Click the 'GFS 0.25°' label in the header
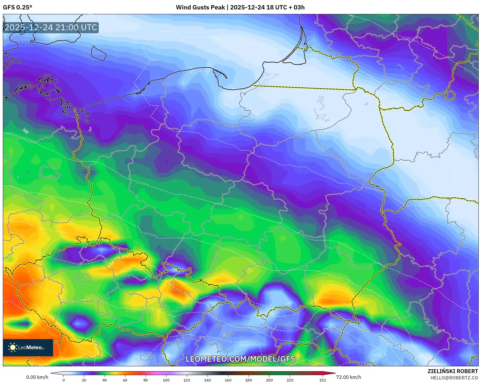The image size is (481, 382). [17, 7]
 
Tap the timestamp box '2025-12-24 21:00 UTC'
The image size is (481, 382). [51, 28]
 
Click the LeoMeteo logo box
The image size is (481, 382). [28, 347]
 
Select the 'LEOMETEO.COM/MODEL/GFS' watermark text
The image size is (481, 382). [240, 359]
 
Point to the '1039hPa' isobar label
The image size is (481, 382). [142, 183]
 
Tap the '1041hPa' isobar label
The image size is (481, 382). [372, 189]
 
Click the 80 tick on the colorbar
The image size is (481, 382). [146, 380]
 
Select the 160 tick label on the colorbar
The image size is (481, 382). [228, 380]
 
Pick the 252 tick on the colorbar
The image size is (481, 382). [322, 380]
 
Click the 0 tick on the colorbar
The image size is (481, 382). [64, 380]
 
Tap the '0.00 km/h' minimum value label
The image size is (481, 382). [37, 377]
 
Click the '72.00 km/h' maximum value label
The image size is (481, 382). [348, 377]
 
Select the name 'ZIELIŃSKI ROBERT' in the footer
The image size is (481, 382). [452, 371]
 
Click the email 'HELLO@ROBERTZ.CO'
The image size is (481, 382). [454, 378]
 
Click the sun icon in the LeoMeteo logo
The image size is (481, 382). [13, 347]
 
